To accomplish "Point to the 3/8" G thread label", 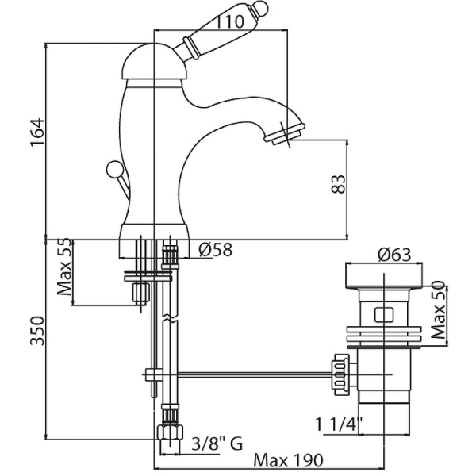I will pyautogui.click(x=216, y=445).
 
